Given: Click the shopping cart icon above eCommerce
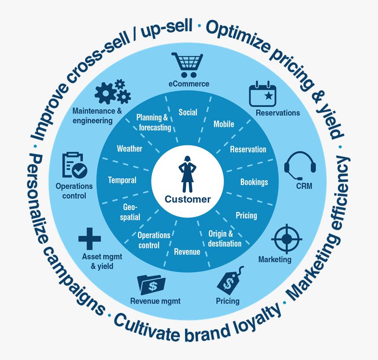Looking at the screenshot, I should pyautogui.click(x=188, y=65).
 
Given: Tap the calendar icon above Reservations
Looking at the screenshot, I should pyautogui.click(x=263, y=94).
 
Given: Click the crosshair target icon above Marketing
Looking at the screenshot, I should pyautogui.click(x=286, y=239).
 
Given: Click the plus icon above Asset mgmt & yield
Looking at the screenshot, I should pyautogui.click(x=90, y=239).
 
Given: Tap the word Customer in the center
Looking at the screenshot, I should pyautogui.click(x=188, y=199).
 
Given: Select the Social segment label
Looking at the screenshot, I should pyautogui.click(x=188, y=112).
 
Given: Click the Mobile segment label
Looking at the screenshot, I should pyautogui.click(x=224, y=124).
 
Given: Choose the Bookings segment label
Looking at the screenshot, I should pyautogui.click(x=254, y=182).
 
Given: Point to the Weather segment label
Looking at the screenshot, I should pyautogui.click(x=129, y=149).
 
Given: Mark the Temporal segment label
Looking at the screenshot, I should pyautogui.click(x=122, y=180).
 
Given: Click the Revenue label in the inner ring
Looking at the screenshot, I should pyautogui.click(x=187, y=252).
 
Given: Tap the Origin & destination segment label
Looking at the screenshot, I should pyautogui.click(x=225, y=238).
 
